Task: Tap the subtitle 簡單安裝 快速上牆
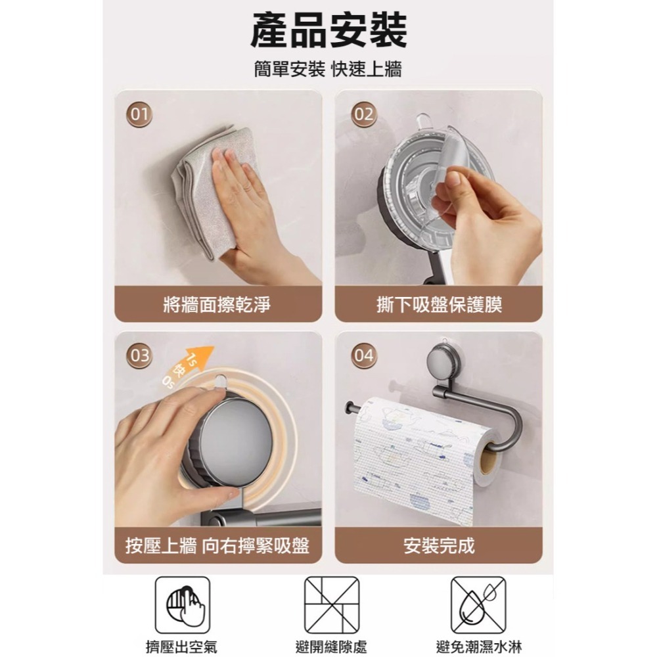tap(328, 70)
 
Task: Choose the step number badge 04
tap(363, 356)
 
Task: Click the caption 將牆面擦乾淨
tap(217, 304)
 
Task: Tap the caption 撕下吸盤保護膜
tap(440, 304)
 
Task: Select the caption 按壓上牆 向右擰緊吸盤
tap(217, 545)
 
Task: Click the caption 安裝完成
tap(440, 545)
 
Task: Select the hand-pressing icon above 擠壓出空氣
tap(182, 605)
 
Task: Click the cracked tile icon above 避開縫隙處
tap(332, 605)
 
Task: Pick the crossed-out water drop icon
tap(478, 605)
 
